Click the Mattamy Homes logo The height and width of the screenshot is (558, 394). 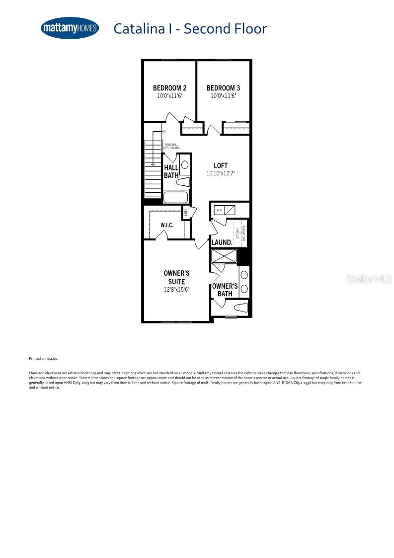70,28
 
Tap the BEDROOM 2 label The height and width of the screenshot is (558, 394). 169,88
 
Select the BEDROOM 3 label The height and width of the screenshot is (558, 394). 223,88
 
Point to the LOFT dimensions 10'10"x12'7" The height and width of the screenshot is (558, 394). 221,174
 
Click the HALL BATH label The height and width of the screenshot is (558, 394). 171,171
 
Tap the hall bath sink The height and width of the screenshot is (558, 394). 185,164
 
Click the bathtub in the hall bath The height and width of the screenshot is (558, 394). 172,197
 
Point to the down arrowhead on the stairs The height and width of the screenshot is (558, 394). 154,163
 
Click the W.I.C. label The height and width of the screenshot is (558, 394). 166,225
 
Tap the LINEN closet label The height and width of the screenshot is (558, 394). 186,213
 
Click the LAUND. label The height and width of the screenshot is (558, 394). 222,242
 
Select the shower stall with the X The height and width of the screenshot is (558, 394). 224,256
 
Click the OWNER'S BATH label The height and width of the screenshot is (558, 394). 225,290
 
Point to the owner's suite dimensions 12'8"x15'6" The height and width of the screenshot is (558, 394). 176,290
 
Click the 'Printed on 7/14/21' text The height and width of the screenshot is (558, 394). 44,358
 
